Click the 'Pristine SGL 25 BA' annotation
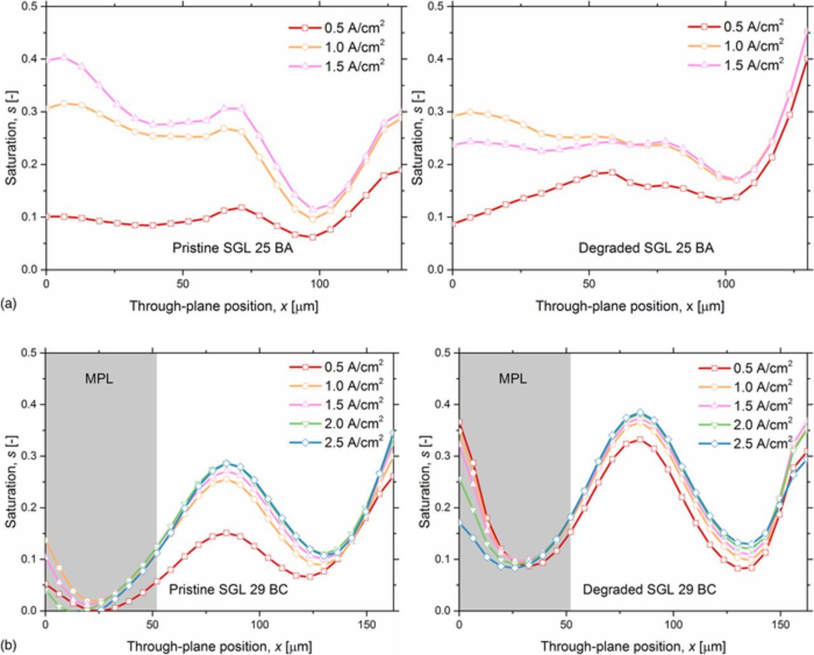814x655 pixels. tap(233, 248)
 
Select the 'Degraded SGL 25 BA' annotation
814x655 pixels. tap(645, 248)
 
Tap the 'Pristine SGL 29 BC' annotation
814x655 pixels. tap(228, 590)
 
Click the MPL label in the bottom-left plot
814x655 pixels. tap(99, 379)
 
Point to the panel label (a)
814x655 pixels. tap(9, 304)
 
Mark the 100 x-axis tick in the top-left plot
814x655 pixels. tap(319, 283)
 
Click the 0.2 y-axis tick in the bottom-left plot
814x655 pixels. tap(29, 507)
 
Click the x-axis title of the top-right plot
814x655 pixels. tap(630, 306)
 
